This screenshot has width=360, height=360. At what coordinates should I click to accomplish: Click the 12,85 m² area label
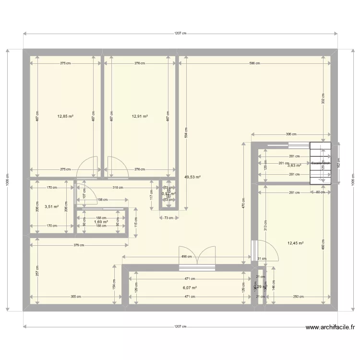[x=65, y=116]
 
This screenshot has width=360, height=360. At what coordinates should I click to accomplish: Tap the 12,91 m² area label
[x=140, y=116]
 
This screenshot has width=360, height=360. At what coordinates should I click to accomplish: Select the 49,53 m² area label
[x=192, y=177]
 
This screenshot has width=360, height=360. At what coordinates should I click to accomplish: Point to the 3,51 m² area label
[x=51, y=207]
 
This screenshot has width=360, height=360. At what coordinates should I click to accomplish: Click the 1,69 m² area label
[x=101, y=222]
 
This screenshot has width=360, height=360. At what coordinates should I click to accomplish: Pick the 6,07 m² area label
[x=190, y=288]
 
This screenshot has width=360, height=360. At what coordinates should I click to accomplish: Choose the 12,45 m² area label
[x=296, y=243]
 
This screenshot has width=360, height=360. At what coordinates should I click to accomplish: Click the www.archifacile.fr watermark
[x=330, y=328]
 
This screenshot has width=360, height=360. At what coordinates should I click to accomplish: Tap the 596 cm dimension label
[x=254, y=63]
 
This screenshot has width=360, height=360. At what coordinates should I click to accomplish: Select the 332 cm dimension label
[x=323, y=99]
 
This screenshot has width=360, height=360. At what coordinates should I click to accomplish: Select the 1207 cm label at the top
[x=180, y=34]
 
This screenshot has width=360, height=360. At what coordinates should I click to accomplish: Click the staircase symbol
[x=320, y=163]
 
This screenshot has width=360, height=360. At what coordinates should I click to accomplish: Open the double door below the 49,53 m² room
[x=197, y=255]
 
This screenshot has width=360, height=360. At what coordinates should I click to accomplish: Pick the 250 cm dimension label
[x=298, y=297]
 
